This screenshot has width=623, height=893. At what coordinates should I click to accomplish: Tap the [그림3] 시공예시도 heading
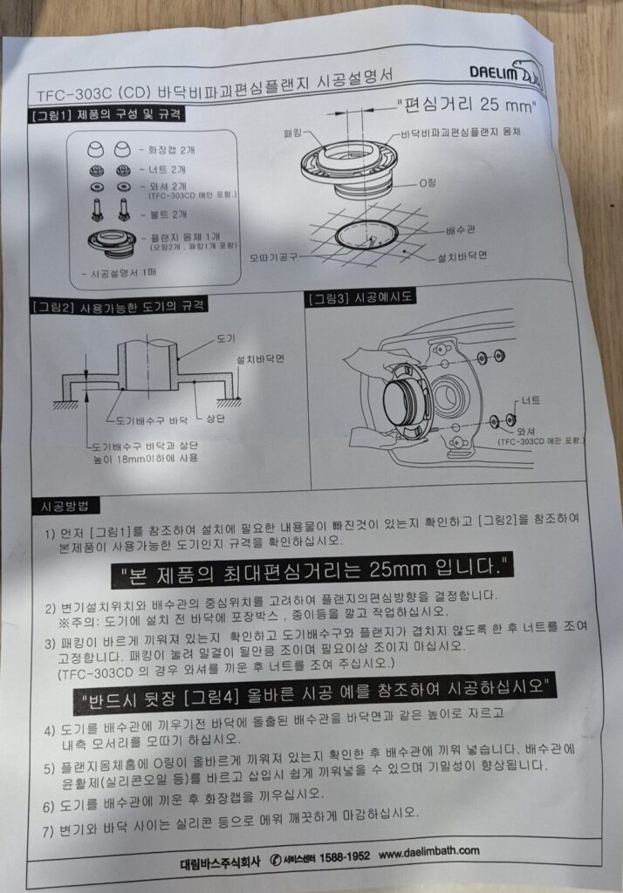pos(360,297)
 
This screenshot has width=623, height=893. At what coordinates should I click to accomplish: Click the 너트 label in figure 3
pos(530,400)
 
